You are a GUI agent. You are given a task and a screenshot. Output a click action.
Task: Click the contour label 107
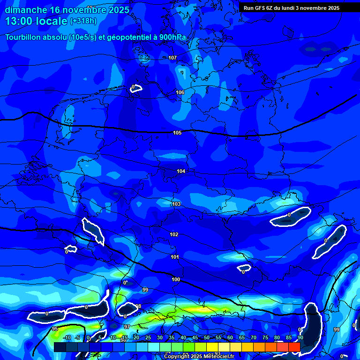click(172, 58)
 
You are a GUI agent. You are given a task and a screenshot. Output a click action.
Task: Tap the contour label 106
click(180, 92)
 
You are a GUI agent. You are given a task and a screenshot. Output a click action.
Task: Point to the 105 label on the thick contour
click(177, 133)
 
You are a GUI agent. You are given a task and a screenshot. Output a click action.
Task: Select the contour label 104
click(181, 171)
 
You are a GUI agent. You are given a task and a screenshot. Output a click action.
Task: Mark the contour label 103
click(176, 204)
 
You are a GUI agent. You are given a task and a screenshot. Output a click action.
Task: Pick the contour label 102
click(174, 234)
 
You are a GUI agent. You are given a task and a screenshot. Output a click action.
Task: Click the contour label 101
click(175, 257)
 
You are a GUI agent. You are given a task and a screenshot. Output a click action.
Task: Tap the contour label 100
click(176, 279)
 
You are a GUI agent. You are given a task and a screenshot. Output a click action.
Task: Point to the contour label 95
click(55, 329)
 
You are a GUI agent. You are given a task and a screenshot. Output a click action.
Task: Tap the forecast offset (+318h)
click(83, 21)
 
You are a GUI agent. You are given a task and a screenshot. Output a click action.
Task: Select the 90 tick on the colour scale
click(300, 337)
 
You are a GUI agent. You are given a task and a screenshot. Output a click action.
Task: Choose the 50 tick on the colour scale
click(206, 337)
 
